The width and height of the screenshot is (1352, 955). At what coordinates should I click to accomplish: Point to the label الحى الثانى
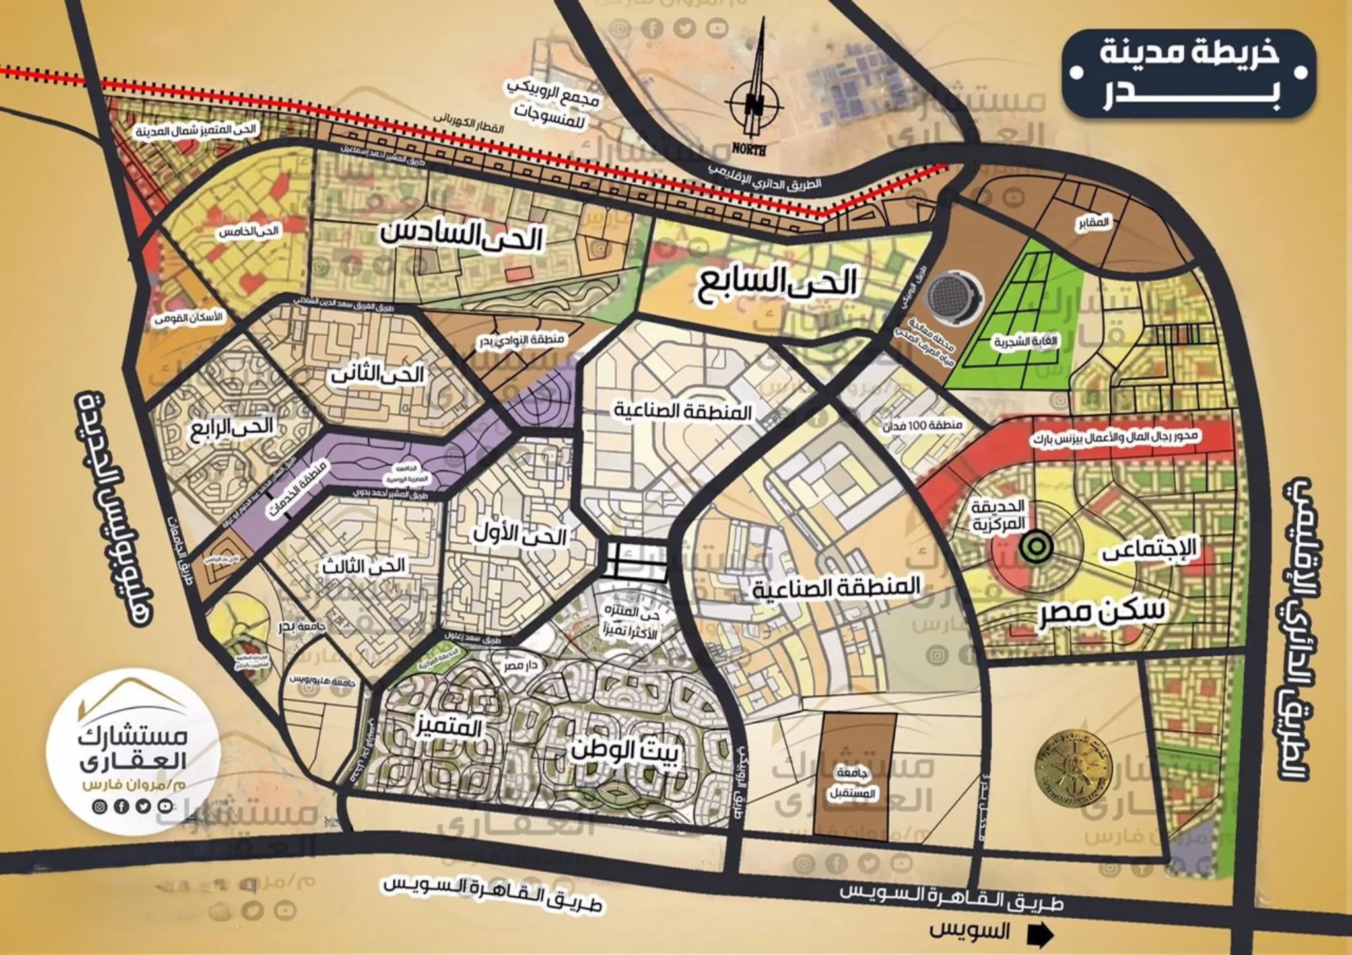coord(377,374)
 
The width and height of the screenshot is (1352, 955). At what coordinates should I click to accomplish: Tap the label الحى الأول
coord(520,536)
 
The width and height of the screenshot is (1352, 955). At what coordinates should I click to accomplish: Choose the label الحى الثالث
coord(364,566)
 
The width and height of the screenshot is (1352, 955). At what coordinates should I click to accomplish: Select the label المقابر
coord(1093,223)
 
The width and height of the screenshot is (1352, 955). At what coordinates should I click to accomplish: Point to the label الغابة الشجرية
coord(1025,341)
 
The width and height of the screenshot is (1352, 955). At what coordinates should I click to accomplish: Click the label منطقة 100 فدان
coord(923,425)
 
